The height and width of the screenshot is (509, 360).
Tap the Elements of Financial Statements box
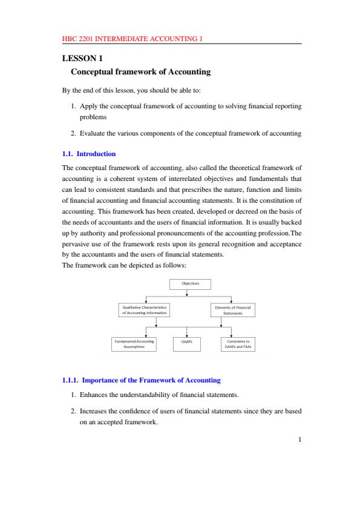[x=232, y=310]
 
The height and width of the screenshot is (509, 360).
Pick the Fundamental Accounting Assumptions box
[x=134, y=344]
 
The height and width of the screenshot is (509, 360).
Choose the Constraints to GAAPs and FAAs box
[x=237, y=344]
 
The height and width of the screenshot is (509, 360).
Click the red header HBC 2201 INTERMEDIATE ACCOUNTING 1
[x=132, y=39]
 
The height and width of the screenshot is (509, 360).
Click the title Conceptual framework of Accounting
[x=140, y=72]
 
